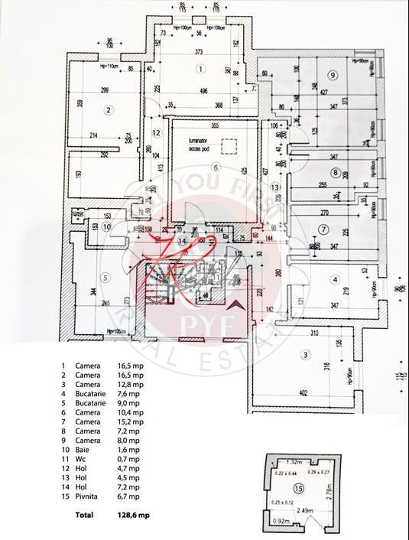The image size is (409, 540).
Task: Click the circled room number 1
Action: point(200,69)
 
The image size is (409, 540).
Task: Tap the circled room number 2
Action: point(109,109)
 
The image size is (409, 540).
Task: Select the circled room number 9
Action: point(333,74)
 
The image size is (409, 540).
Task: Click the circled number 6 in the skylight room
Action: point(216,167)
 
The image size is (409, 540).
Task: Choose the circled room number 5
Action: point(106,276)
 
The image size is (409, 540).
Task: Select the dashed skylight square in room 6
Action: point(228,145)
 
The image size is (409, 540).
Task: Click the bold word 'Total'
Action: point(85,515)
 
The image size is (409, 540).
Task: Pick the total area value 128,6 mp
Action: point(135,515)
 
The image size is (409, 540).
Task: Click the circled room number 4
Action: point(334,278)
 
